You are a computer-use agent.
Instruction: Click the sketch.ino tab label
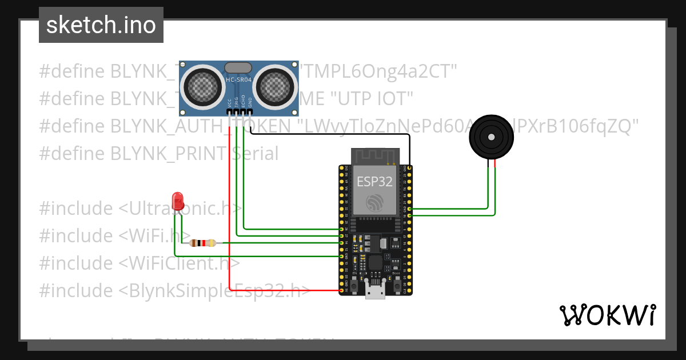(x=101, y=25)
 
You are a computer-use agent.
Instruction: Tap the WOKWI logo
(x=607, y=315)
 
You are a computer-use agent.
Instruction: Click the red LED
(x=178, y=201)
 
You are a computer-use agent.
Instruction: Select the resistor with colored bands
(x=202, y=243)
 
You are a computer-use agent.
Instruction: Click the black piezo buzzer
(x=490, y=137)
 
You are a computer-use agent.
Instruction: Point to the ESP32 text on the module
(x=374, y=181)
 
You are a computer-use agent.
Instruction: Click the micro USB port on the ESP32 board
(x=375, y=293)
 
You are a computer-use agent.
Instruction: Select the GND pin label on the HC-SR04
(x=250, y=103)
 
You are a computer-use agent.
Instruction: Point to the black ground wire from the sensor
(x=343, y=135)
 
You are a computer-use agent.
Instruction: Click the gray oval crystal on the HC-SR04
(x=238, y=67)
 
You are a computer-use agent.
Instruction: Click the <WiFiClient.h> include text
(x=180, y=263)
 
